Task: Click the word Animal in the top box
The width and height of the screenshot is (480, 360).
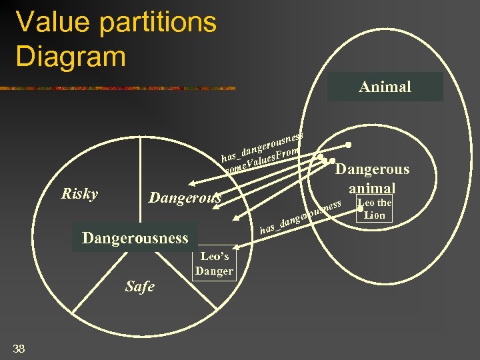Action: (x=385, y=87)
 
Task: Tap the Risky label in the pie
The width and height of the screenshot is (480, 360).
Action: (x=79, y=194)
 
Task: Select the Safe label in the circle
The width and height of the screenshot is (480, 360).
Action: (x=139, y=287)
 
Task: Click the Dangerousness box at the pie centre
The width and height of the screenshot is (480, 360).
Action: (x=135, y=238)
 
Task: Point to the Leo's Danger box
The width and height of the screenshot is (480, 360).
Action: (x=214, y=263)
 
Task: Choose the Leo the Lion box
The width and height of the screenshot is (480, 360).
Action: (x=375, y=209)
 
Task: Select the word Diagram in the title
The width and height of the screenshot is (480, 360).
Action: (x=71, y=56)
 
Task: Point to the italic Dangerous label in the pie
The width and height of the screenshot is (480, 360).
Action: (x=184, y=198)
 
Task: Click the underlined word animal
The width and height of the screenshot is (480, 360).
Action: (x=372, y=188)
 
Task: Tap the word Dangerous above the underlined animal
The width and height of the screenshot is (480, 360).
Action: (x=372, y=169)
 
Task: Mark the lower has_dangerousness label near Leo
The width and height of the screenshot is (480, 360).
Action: (x=301, y=217)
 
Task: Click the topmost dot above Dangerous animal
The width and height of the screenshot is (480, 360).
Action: (x=348, y=145)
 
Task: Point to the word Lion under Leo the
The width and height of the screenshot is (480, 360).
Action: (x=375, y=215)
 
